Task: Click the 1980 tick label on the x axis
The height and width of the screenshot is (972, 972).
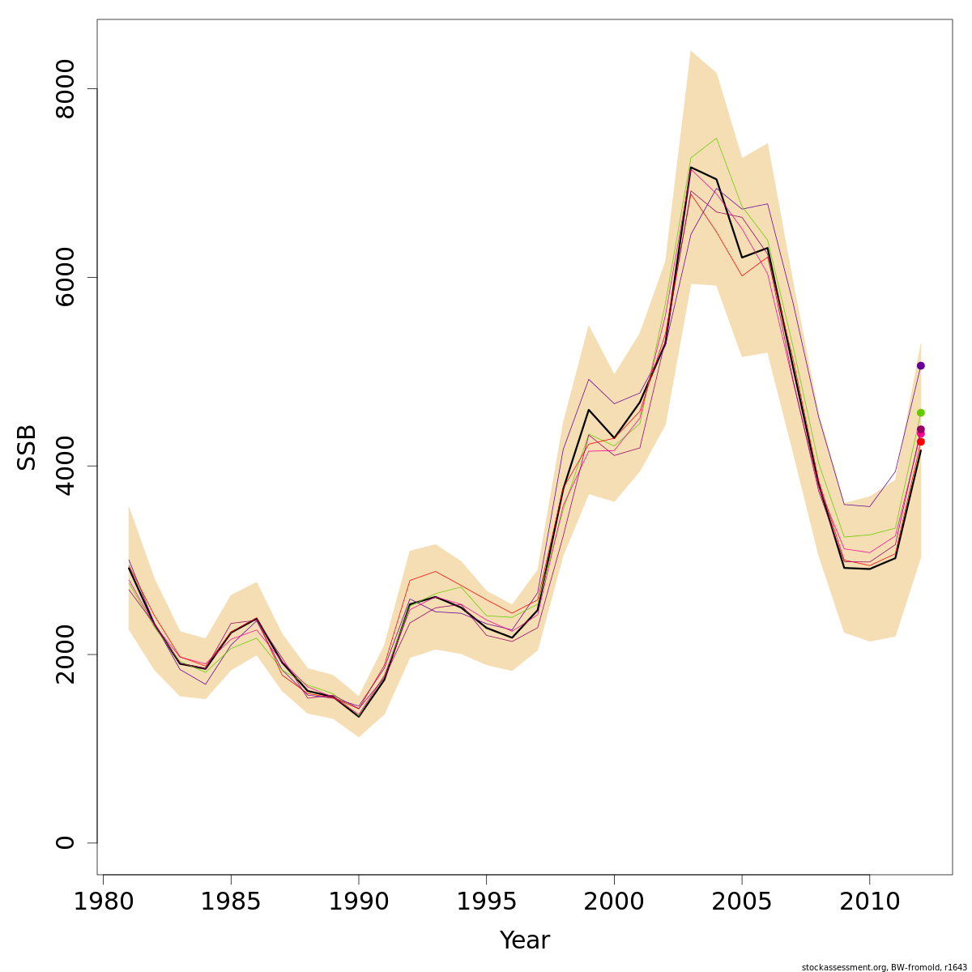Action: point(104,902)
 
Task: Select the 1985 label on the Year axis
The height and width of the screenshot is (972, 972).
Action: point(231,902)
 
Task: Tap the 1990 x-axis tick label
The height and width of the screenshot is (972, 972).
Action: point(359,902)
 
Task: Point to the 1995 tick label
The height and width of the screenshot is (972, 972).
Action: point(486,902)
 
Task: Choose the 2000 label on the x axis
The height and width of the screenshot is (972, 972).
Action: point(614,902)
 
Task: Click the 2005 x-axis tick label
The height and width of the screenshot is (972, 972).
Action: point(741,902)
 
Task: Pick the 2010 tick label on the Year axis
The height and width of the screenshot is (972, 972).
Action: point(869,902)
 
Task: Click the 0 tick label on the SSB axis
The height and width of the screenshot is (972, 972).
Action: point(65,842)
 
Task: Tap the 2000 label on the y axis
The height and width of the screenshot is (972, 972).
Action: point(65,654)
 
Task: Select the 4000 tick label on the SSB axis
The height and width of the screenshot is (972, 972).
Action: point(65,466)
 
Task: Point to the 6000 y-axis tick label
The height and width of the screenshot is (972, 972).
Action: point(65,277)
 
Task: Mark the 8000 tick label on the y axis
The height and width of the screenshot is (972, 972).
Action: point(65,88)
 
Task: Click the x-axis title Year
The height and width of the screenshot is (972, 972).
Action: point(524,940)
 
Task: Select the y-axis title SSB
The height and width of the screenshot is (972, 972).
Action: point(27,447)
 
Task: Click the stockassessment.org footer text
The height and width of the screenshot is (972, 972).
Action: point(884,967)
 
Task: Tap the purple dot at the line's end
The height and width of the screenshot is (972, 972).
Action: point(920,365)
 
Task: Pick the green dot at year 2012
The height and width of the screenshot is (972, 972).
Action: point(920,412)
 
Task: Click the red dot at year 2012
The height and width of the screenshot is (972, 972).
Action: point(920,441)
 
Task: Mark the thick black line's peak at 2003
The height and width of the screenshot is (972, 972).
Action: point(690,167)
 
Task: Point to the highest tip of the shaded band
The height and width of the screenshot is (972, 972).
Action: point(690,51)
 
